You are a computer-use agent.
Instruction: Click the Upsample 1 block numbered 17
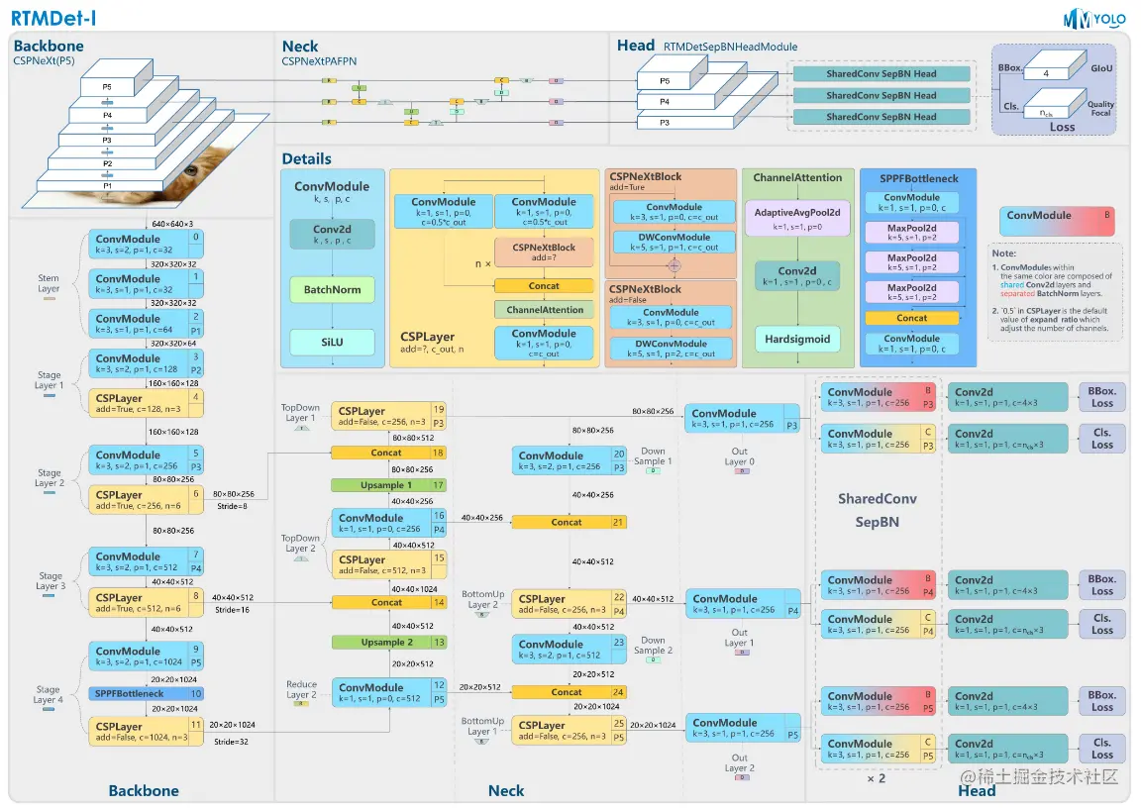pos(388,485)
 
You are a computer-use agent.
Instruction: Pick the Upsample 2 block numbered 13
pos(388,642)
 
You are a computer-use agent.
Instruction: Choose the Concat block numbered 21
pos(569,522)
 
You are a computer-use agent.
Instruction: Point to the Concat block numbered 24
pos(569,692)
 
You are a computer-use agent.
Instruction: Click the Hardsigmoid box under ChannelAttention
pos(797,339)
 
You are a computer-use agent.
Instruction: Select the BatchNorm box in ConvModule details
pos(332,289)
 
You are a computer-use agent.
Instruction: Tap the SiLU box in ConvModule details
pos(332,342)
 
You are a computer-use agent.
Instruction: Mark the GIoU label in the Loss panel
pos(1100,69)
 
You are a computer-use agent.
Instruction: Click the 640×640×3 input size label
pos(172,224)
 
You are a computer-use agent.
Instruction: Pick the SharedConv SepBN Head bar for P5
pos(882,74)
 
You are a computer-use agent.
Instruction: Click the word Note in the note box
pos(1003,254)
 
